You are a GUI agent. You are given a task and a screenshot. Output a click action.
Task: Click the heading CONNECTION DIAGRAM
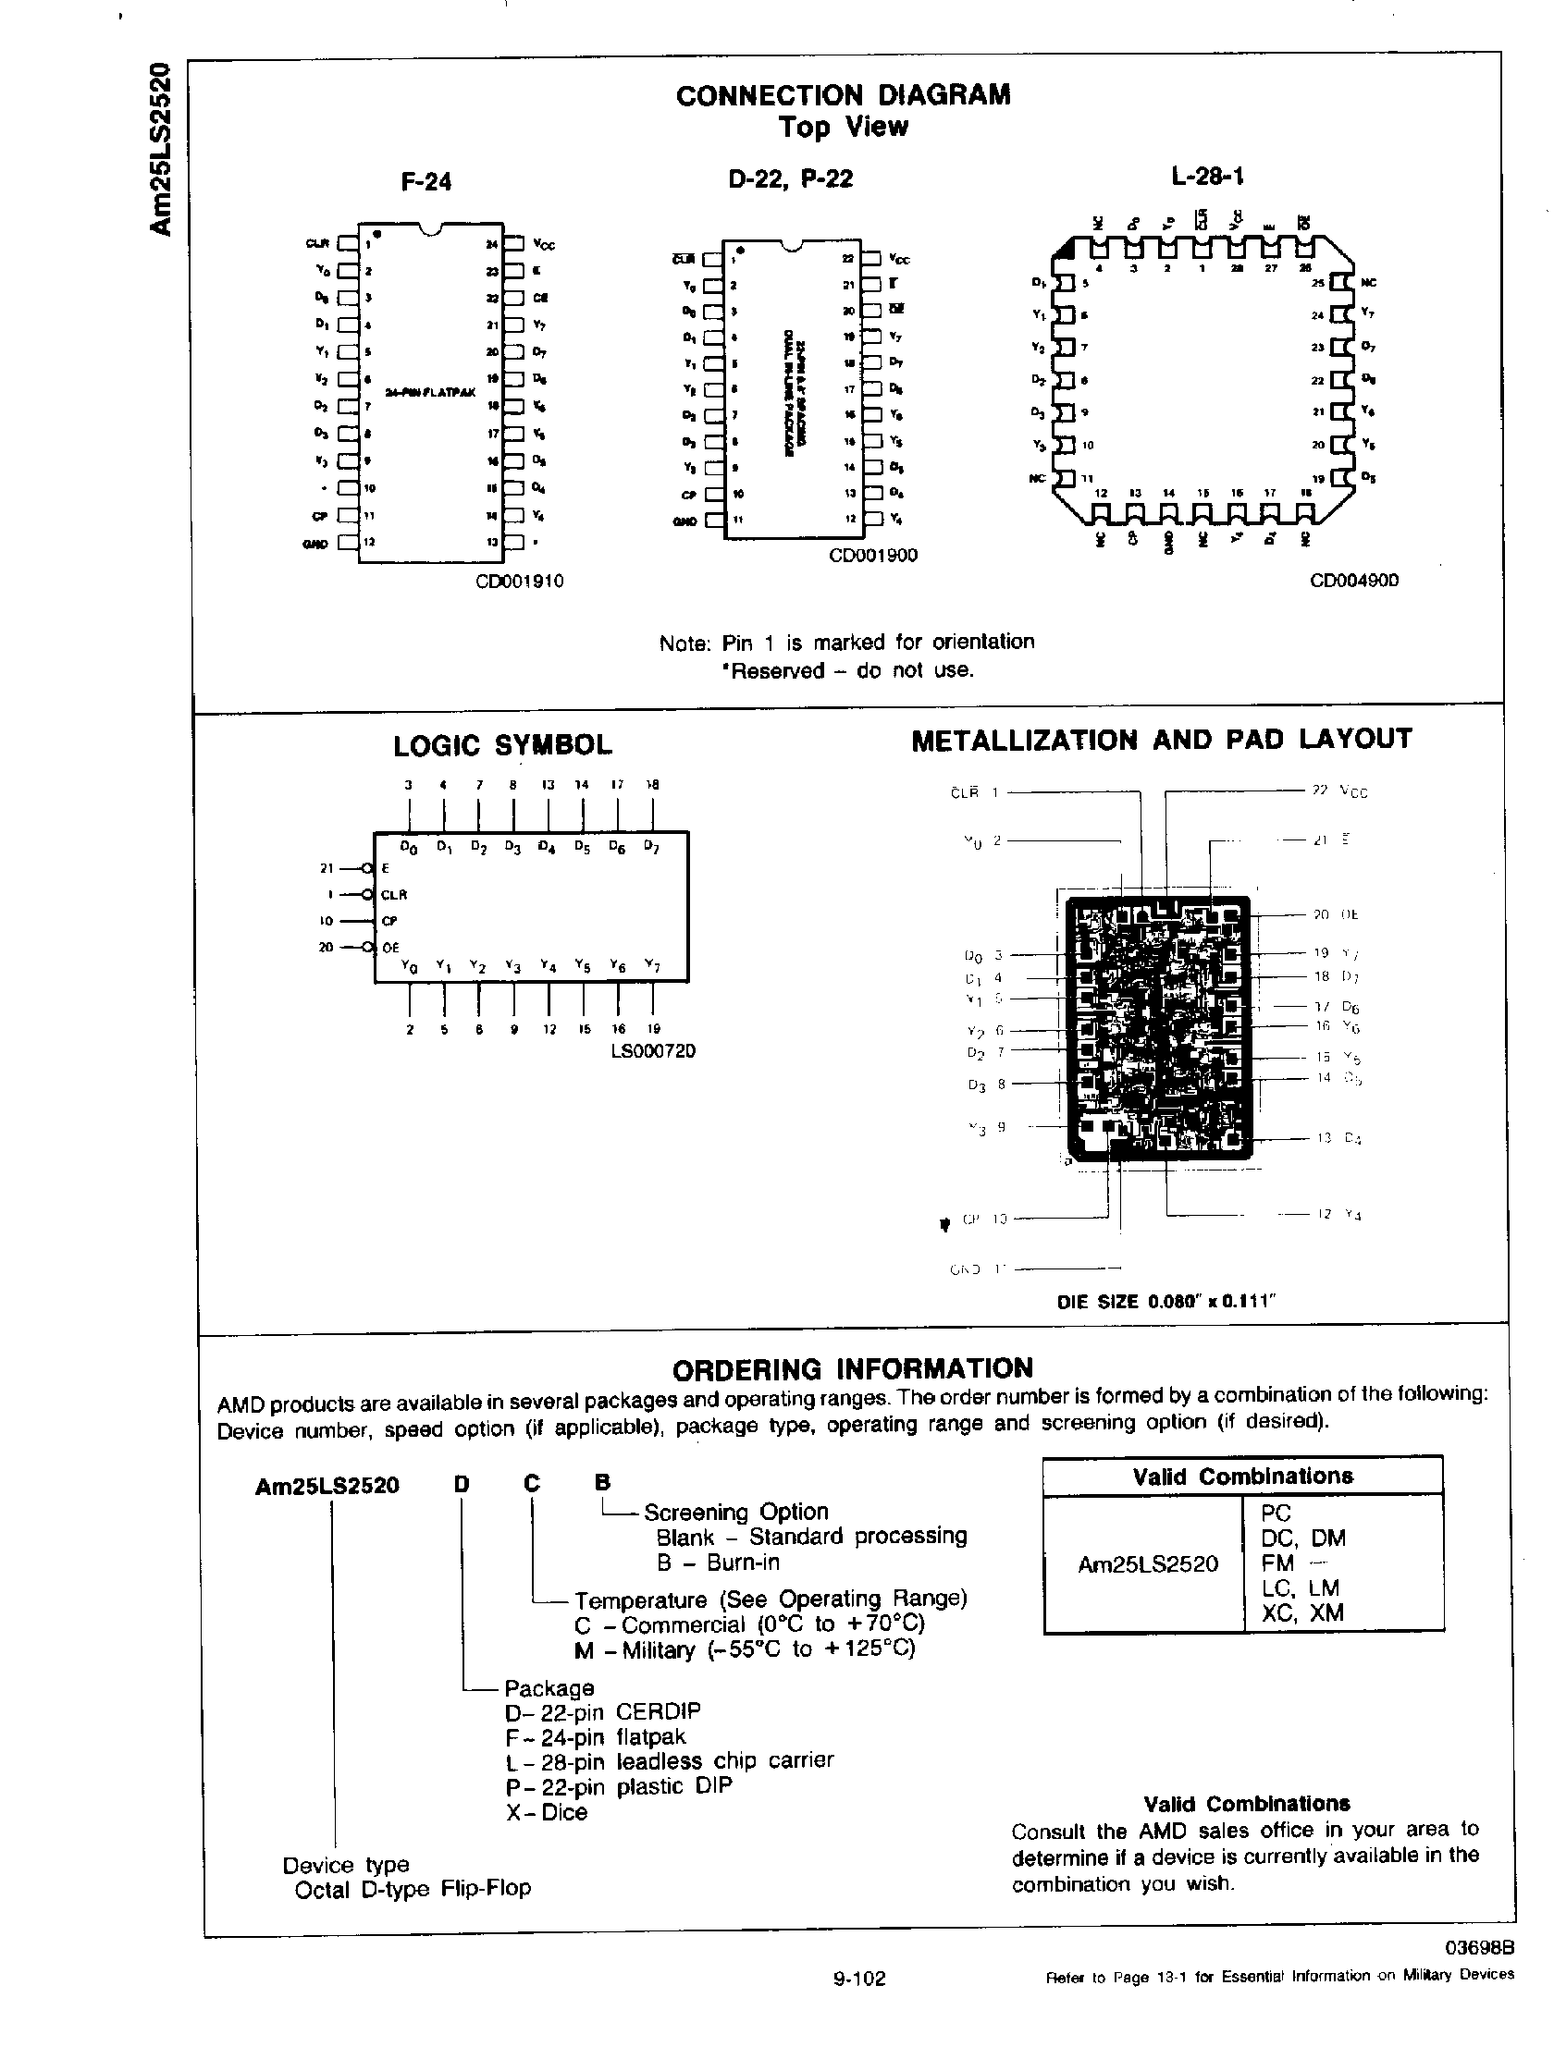843,95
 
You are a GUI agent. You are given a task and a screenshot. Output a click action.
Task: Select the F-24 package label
425,181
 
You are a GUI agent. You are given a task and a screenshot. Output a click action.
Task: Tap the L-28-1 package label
1209,176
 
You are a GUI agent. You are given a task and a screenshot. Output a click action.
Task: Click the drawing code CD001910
520,582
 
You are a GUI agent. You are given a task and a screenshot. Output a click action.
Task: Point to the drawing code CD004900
1354,581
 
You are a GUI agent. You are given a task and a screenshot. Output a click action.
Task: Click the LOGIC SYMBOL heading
503,744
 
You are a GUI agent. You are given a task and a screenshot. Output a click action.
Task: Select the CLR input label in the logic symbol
395,895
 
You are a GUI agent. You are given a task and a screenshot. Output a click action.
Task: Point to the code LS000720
652,1051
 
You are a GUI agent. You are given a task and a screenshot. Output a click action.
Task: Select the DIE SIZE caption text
1165,1302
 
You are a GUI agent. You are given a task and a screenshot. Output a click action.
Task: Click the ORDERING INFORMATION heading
852,1368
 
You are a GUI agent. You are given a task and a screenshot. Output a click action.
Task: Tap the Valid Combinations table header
1242,1477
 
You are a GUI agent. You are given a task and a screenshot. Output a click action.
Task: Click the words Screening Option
735,1512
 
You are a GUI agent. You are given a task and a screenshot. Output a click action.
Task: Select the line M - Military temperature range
745,1650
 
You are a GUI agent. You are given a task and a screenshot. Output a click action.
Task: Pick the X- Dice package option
547,1812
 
